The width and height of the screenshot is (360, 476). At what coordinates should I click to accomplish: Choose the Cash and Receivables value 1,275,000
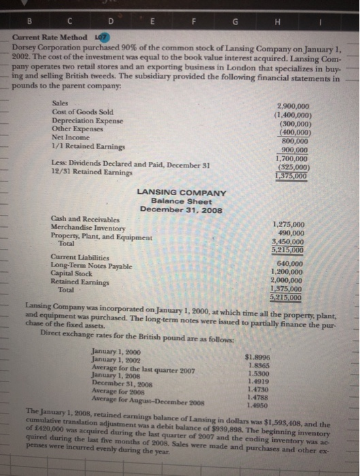pos(288,224)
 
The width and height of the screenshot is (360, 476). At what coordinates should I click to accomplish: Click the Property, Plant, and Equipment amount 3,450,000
pos(288,241)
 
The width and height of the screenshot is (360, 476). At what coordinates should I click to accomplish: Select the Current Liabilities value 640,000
pos(291,265)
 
